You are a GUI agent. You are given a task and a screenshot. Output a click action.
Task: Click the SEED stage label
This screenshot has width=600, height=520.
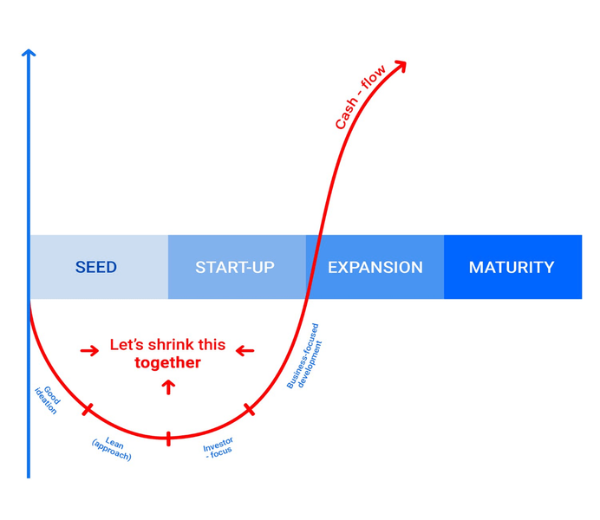coord(96,267)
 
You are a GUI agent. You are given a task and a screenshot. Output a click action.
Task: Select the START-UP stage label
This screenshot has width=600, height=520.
coord(235,267)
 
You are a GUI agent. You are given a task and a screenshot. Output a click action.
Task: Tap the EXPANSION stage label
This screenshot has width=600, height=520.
coord(375,267)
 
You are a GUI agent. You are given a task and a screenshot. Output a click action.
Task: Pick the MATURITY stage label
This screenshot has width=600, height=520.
coord(512,267)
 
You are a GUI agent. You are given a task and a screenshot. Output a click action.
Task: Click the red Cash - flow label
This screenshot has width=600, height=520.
coord(360,97)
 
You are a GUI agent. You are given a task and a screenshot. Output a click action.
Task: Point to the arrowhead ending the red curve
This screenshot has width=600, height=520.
coord(401,66)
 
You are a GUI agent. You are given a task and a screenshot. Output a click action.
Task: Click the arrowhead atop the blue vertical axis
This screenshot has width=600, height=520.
coord(29,53)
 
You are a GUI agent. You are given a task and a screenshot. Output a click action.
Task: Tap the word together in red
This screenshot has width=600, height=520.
coord(167,362)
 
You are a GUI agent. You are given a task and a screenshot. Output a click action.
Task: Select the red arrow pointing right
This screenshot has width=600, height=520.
coord(89,351)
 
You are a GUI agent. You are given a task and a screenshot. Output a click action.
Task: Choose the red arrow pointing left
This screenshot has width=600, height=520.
coord(245,351)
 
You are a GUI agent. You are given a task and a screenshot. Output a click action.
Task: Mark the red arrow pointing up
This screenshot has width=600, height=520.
coord(168,387)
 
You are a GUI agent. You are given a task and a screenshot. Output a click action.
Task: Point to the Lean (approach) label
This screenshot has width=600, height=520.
coord(112,449)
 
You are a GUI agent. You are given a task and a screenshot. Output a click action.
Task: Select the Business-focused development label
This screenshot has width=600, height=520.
coord(304,356)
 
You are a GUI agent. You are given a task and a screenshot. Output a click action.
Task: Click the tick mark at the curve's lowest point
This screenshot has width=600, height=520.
coord(168,439)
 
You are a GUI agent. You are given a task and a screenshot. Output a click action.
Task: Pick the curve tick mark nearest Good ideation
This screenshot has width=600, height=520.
coord(88,409)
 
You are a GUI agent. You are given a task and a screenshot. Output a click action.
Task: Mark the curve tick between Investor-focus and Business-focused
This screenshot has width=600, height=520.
coord(249,409)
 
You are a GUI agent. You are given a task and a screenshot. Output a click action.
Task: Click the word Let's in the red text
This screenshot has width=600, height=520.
coord(127,345)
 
